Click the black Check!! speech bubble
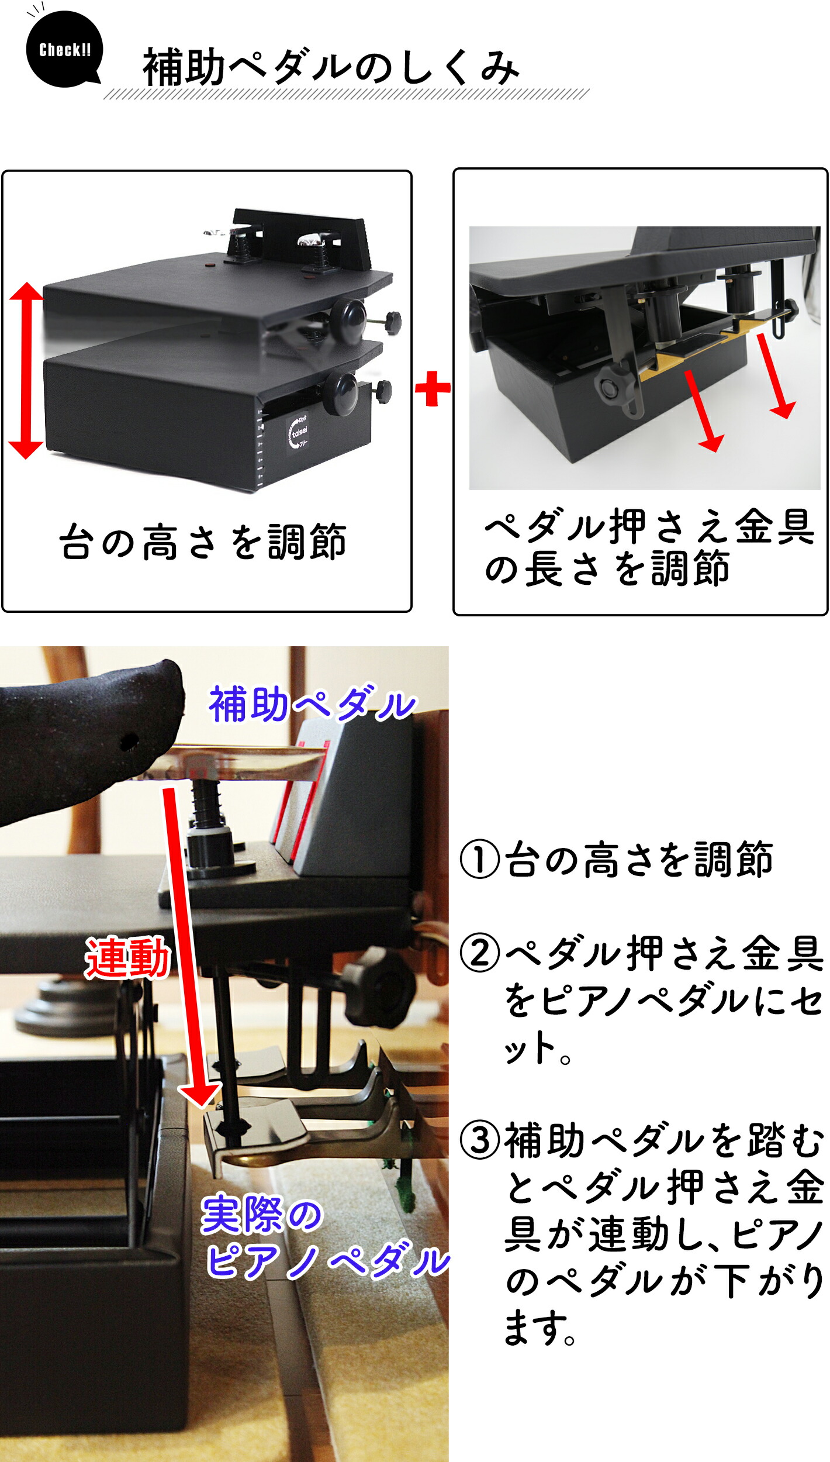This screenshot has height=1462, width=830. coord(64,50)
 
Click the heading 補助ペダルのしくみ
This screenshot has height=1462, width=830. coord(331,67)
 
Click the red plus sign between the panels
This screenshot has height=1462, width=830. coord(433,388)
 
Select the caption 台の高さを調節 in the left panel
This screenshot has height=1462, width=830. coord(203,542)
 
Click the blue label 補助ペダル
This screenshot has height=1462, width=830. coord(312,704)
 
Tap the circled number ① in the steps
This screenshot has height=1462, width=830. coord(479,860)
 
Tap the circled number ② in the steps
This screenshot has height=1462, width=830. coord(479,953)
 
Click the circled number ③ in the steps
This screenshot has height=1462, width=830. coord(479,1140)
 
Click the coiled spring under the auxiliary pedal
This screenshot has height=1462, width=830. coord(206,802)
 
